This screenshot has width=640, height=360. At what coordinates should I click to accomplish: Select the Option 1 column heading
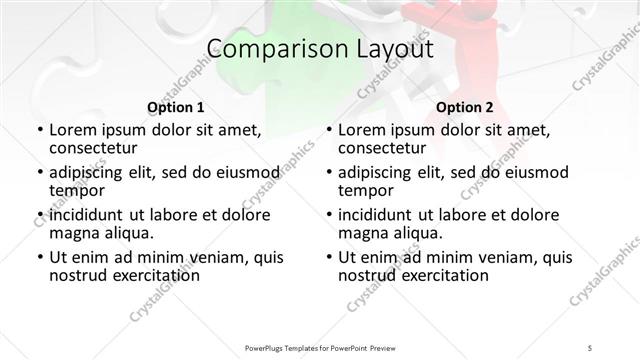coord(175,107)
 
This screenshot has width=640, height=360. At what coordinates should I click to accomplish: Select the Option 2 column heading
coord(464,107)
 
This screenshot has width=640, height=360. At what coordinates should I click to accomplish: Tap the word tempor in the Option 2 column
coord(366,191)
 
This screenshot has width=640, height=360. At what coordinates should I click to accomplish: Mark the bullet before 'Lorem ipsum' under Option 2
coord(328,131)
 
